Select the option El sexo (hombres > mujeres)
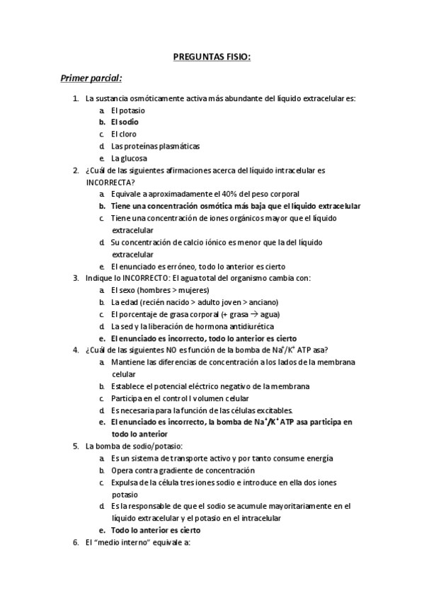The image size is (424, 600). (160, 290)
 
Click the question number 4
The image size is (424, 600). (76, 350)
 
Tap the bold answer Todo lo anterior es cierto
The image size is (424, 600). (156, 530)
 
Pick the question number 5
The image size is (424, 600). (76, 446)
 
